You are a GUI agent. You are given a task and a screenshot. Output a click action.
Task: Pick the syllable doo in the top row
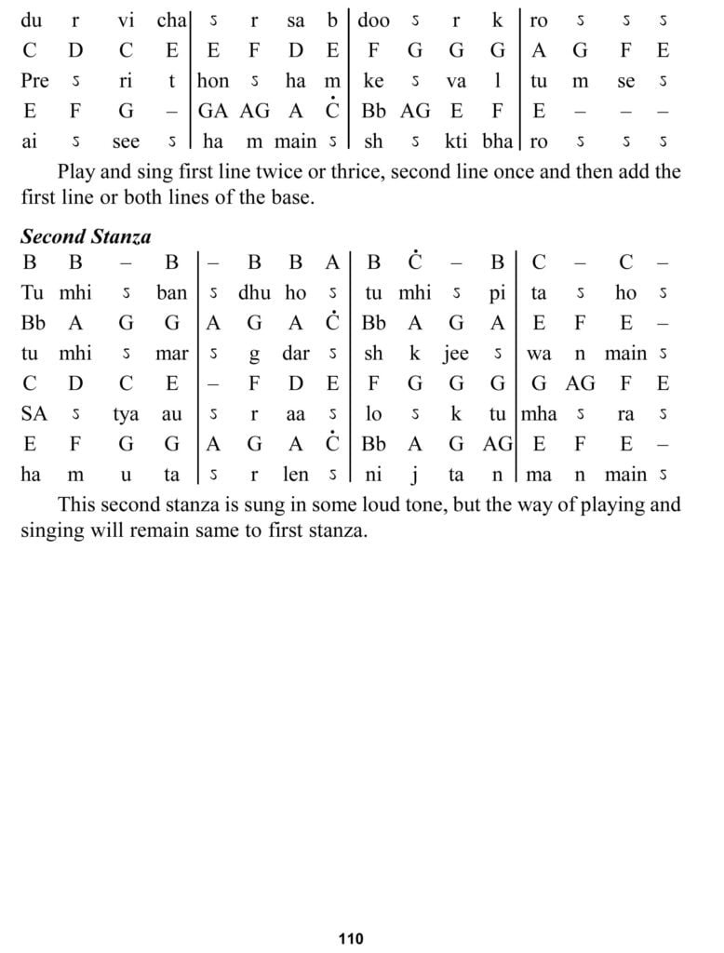(373, 20)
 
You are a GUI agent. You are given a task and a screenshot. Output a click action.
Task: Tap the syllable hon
(213, 81)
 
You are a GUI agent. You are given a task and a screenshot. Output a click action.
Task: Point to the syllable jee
(456, 354)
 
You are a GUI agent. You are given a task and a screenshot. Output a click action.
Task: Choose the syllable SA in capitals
(34, 414)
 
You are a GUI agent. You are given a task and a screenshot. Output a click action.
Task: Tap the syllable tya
(126, 414)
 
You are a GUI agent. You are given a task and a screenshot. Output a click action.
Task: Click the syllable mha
(539, 414)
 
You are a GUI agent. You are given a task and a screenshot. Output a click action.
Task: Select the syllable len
(296, 475)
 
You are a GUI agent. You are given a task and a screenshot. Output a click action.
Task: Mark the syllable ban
(171, 293)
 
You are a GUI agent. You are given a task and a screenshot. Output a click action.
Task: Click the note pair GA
(213, 112)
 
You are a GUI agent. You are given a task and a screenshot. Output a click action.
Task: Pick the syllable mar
(171, 354)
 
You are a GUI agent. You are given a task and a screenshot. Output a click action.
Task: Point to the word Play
(76, 172)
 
